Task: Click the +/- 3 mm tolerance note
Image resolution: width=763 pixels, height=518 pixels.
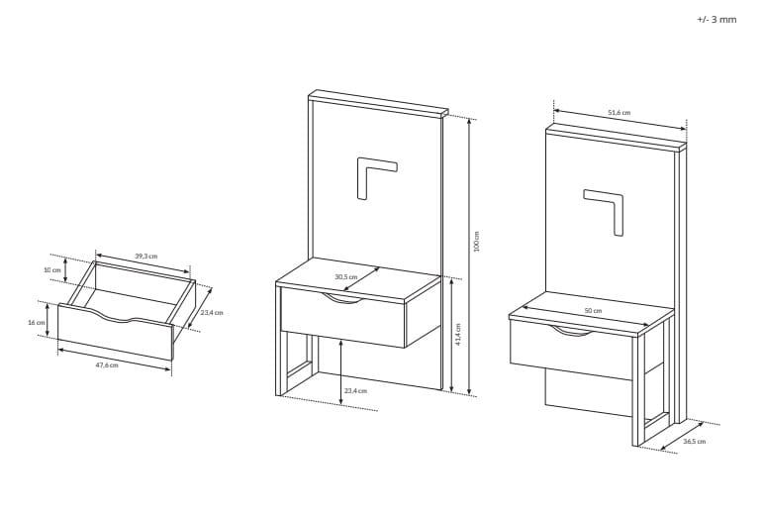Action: coord(716,20)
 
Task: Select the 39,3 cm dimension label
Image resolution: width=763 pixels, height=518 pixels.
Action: coord(146,257)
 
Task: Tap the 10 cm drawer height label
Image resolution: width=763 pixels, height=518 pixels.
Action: coord(52,270)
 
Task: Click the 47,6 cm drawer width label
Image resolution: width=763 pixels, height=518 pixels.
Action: coord(106,365)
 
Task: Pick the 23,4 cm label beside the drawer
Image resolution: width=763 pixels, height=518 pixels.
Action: coord(211,313)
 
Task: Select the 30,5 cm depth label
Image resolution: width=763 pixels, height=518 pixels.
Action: coord(346,277)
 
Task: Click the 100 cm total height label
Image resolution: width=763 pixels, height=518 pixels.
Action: coord(477,242)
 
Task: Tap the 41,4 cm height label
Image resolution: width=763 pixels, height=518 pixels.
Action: coord(458,335)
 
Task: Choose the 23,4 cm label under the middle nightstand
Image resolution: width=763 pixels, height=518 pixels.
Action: coord(355,390)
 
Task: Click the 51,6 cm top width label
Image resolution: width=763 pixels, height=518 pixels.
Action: coord(619,113)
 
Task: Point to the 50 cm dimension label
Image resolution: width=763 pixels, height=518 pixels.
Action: coord(593,311)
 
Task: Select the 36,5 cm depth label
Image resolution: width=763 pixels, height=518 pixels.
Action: coord(695,442)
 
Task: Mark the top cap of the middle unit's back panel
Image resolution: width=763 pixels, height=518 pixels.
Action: coord(378,103)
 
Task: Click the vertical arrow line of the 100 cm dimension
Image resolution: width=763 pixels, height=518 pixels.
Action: coord(469,257)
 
